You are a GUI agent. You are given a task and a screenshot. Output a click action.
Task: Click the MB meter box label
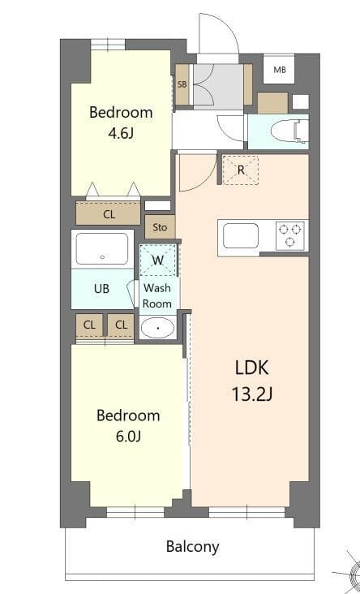(280, 70)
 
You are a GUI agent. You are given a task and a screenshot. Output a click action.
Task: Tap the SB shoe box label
(182, 84)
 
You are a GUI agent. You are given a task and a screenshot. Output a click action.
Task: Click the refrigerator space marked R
(240, 170)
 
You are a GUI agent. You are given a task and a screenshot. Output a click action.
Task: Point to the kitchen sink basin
(241, 236)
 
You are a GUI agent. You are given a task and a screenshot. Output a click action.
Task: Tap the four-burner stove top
(290, 235)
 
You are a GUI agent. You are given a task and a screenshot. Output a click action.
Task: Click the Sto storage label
(160, 227)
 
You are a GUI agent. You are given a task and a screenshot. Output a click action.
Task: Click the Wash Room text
(158, 295)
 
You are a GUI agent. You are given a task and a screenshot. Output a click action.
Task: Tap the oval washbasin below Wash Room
(157, 328)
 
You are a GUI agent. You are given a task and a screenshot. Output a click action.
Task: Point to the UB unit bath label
(101, 289)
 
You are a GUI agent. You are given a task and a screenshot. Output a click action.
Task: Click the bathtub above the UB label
(102, 248)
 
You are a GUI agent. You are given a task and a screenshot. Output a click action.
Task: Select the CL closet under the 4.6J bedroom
(109, 214)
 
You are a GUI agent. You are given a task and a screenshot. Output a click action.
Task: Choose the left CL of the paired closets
(88, 325)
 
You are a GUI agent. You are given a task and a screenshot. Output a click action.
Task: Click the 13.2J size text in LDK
(251, 395)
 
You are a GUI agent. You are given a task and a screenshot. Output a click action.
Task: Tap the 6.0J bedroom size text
(128, 437)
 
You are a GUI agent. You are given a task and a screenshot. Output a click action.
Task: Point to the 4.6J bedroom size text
(121, 133)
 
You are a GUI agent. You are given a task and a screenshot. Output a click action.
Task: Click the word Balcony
(192, 546)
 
